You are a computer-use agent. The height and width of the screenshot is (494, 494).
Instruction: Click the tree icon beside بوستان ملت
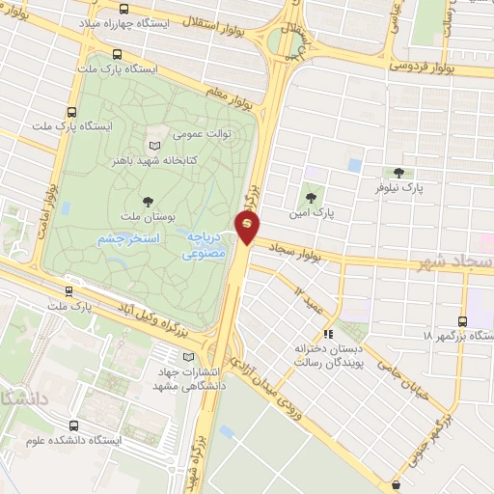148,201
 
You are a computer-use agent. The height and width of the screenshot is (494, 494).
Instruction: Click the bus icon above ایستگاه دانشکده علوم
74,425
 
